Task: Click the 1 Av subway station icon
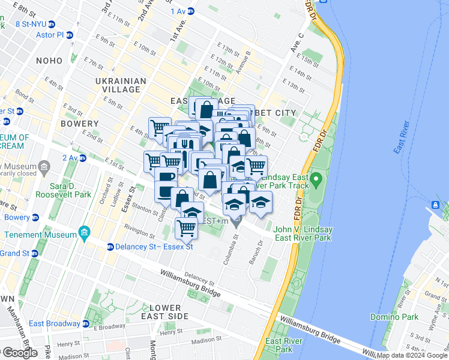pyautogui.click(x=191, y=11)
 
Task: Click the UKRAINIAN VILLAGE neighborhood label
pyautogui.click(x=120, y=85)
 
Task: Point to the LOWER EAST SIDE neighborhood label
pyautogui.click(x=164, y=311)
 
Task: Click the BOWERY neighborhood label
pyautogui.click(x=79, y=124)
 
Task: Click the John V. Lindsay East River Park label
pyautogui.click(x=302, y=233)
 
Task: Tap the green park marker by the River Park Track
pyautogui.click(x=316, y=179)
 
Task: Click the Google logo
pyautogui.click(x=19, y=353)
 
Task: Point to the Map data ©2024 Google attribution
pyautogui.click(x=412, y=355)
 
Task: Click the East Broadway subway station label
pyautogui.click(x=54, y=323)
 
